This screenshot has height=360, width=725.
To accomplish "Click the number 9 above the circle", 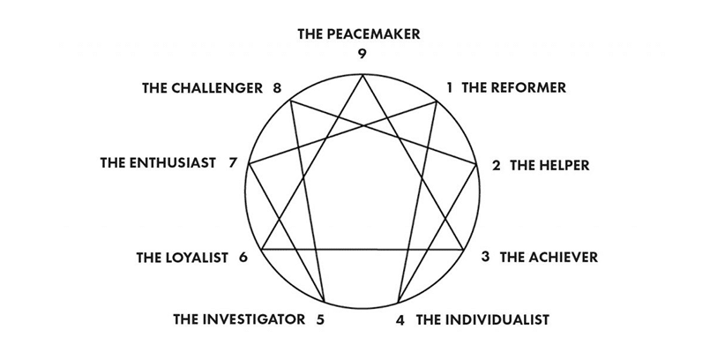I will click(x=362, y=54).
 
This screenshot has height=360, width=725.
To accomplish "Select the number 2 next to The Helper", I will click(x=497, y=165).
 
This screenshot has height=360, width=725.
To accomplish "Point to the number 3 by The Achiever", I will click(x=485, y=257).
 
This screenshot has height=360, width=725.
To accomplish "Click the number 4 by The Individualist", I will click(x=400, y=319).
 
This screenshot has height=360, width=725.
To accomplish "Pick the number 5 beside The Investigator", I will click(x=320, y=319).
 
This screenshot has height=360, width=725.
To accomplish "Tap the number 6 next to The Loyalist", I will click(x=243, y=258).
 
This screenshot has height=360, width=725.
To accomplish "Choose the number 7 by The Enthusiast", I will click(x=232, y=162).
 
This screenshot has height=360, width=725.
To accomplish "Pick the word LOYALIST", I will click(x=198, y=258).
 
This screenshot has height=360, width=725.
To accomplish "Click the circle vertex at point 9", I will click(x=362, y=75).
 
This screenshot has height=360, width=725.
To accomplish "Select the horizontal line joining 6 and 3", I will click(x=362, y=251).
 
